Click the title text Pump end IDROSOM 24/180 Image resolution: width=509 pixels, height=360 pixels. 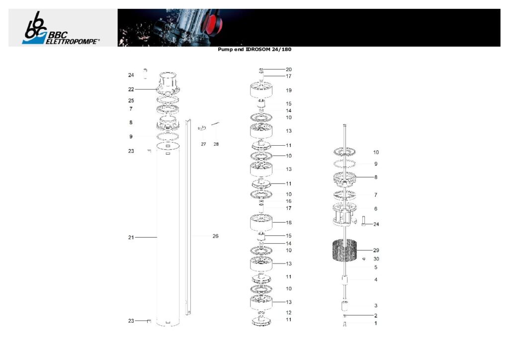tap(254, 50)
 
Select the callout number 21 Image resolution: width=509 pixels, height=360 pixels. tap(131, 237)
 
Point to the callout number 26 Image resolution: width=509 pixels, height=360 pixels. tap(215, 236)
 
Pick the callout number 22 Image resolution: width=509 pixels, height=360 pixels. tap(131, 90)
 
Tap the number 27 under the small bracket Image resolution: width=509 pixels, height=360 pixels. tap(203, 144)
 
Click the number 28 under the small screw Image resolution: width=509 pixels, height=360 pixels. tap(216, 144)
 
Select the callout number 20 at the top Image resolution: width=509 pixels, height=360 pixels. tap(289, 70)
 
